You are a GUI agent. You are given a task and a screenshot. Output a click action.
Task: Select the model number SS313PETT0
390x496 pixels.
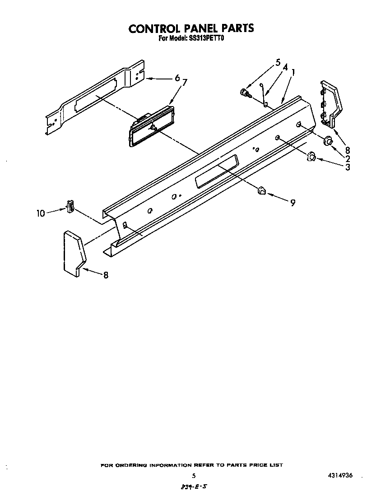point(205,39)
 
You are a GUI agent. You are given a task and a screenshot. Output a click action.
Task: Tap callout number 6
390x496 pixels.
point(177,78)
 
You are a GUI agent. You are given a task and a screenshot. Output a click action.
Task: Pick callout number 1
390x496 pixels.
point(293,72)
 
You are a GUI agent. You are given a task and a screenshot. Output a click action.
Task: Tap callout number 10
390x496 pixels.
point(41,213)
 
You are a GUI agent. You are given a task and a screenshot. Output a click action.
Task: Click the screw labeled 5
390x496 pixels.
point(245,93)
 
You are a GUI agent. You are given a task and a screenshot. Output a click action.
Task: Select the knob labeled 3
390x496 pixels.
point(311,157)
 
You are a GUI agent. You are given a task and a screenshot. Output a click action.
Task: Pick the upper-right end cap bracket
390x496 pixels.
point(331,103)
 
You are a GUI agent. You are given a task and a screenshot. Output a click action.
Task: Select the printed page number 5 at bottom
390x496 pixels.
point(194,476)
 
